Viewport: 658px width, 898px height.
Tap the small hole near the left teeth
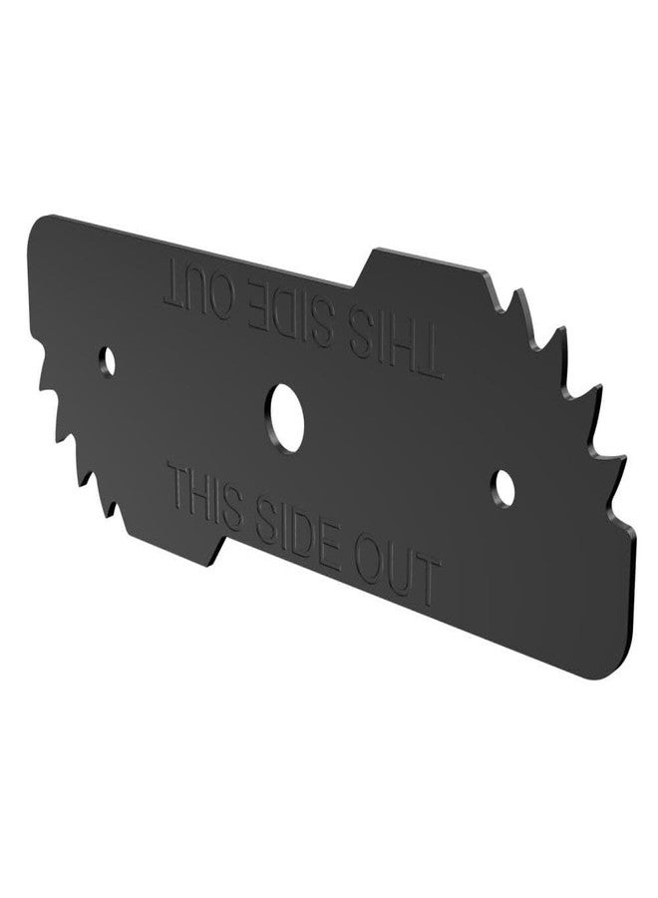[x=108, y=361]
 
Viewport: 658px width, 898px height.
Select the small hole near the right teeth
[x=504, y=488]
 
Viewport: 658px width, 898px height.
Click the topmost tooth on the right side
[x=520, y=295]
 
